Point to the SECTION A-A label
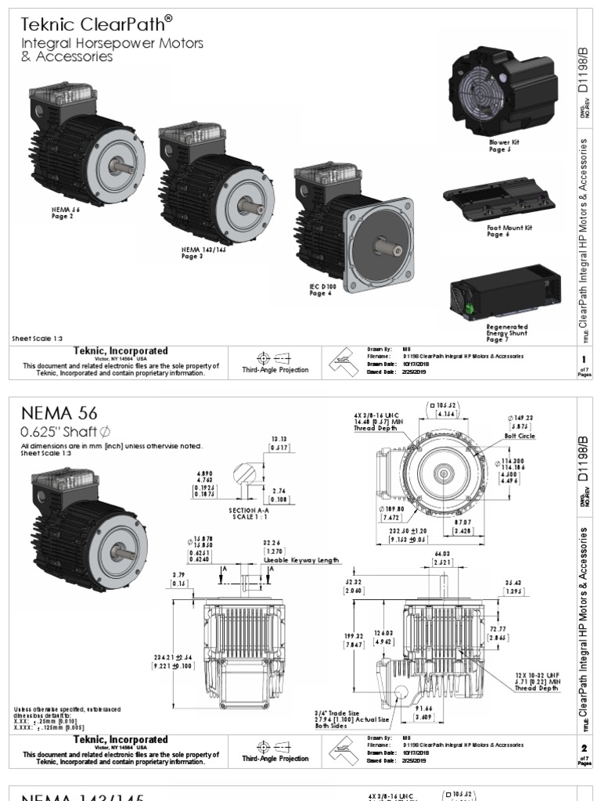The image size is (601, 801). pyautogui.click(x=249, y=510)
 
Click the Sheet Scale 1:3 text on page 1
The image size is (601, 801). pyautogui.click(x=38, y=339)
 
